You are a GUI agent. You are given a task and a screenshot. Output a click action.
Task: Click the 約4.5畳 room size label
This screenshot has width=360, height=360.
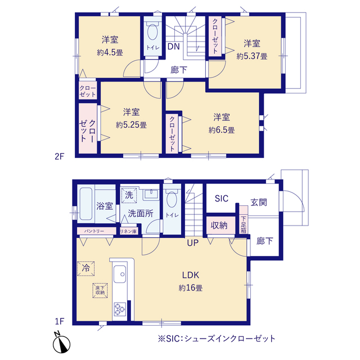click(x=110, y=52)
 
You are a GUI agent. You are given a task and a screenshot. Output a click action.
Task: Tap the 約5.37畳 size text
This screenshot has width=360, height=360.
click(x=251, y=56)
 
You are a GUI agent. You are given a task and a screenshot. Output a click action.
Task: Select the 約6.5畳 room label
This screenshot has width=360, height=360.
click(x=222, y=130)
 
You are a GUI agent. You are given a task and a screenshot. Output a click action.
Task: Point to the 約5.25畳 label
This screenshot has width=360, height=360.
click(x=132, y=125)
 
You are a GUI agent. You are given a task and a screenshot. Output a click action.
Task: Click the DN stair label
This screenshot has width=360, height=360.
click(x=174, y=47)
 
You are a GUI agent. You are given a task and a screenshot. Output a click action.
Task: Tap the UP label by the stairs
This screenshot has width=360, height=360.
click(x=193, y=243)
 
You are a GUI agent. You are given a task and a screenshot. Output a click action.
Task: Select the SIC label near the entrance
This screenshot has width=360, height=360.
click(x=222, y=198)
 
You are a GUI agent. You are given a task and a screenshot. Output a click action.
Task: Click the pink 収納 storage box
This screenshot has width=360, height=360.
click(x=219, y=226)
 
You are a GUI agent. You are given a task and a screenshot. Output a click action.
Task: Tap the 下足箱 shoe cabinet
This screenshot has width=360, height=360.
click(x=244, y=225)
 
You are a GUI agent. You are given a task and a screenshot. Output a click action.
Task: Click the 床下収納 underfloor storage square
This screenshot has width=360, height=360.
click(x=100, y=290)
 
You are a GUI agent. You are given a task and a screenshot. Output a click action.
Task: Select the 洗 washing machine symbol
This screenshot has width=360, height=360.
click(x=129, y=196)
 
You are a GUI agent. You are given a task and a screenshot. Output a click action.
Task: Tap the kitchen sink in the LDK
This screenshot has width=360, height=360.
click(x=120, y=276)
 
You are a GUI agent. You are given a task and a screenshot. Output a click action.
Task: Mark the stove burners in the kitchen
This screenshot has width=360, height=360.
click(x=120, y=308)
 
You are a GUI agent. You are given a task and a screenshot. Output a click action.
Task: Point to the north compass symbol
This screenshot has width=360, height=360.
click(x=61, y=341)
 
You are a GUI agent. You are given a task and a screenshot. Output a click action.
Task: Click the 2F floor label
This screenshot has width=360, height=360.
click(x=61, y=157)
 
